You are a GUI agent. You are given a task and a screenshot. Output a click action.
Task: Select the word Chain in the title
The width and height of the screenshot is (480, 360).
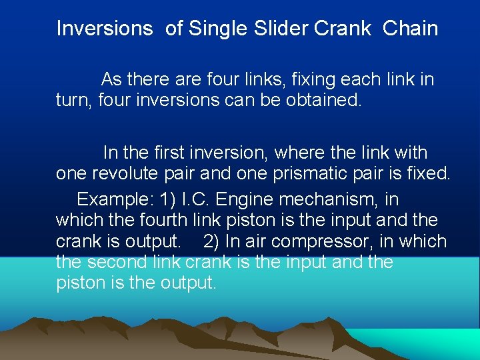click(x=410, y=29)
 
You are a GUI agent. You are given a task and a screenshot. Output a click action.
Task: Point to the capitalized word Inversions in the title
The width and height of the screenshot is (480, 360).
click(x=104, y=29)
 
